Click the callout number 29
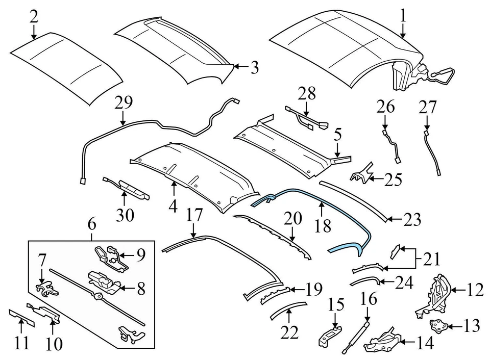click(124, 104)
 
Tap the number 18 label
click(322, 225)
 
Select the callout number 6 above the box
click(92, 224)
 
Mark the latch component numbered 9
click(109, 255)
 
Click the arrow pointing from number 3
click(241, 66)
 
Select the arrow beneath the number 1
click(403, 31)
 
